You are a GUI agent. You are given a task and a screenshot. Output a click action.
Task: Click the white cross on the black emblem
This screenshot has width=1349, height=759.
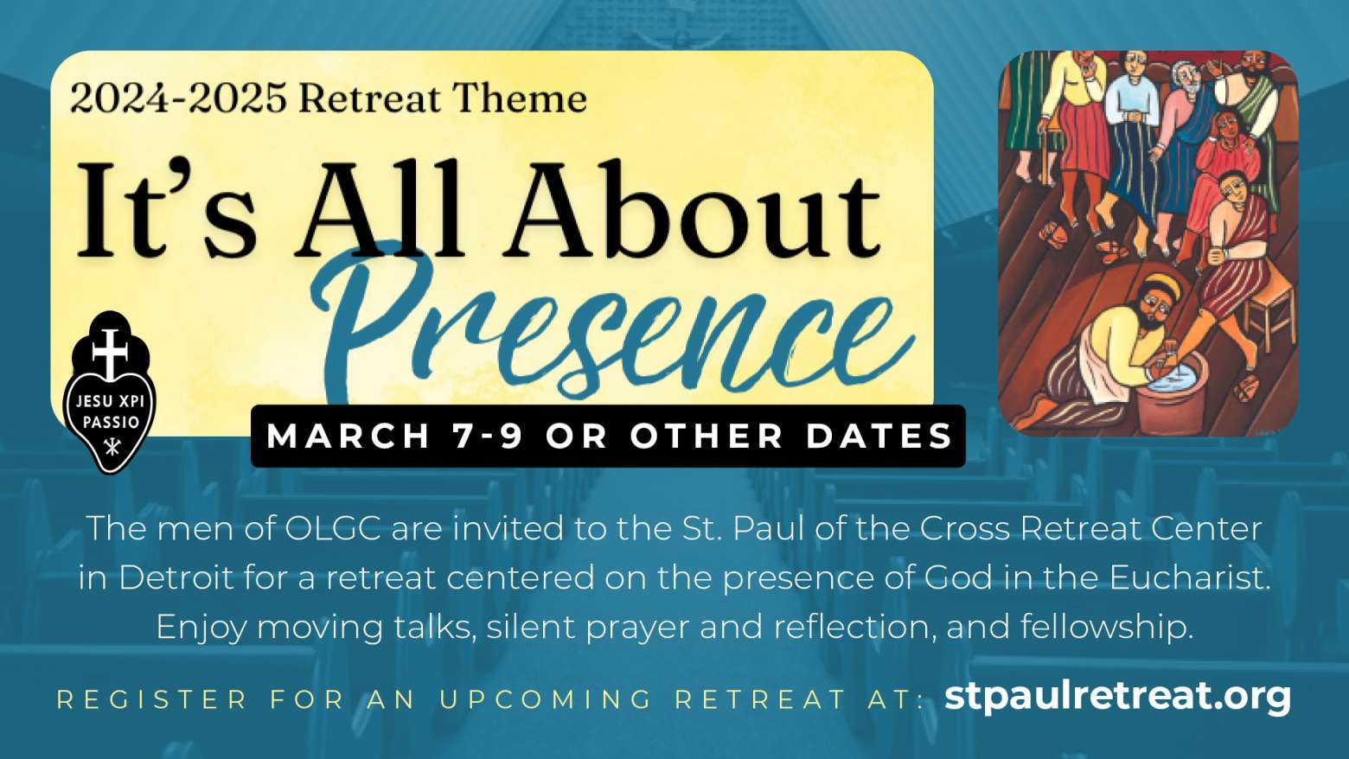click(x=110, y=354)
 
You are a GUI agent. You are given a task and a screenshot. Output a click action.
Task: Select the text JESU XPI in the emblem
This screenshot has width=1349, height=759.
click(x=110, y=400)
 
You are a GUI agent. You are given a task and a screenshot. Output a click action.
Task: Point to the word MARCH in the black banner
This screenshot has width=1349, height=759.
click(x=348, y=436)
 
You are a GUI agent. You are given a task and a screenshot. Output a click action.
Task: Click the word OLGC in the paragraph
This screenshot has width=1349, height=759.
click(x=332, y=529)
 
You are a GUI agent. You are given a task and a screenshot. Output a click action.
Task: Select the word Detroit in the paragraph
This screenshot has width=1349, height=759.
click(x=176, y=577)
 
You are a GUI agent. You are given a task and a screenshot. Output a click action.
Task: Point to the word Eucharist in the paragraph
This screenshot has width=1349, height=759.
click(x=1190, y=577)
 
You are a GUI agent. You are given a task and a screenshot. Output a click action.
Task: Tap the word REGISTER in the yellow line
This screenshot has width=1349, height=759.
click(x=152, y=700)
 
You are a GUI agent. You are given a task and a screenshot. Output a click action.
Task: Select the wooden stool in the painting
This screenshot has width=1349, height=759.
click(x=1269, y=316)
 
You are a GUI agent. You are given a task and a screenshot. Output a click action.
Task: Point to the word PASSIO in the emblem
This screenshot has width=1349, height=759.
click(x=111, y=422)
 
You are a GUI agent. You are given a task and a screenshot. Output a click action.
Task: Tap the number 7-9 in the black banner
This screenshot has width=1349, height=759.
click(x=488, y=436)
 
